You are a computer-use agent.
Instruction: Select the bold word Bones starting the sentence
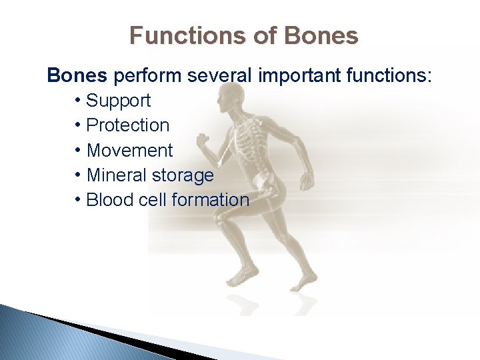(x=77, y=75)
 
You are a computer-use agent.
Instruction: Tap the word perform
(x=147, y=75)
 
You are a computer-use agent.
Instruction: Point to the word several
(x=219, y=75)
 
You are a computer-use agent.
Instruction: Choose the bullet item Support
(x=119, y=101)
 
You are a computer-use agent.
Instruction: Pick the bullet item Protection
(x=128, y=125)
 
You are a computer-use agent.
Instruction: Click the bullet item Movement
(x=129, y=150)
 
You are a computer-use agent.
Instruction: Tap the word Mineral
(x=116, y=175)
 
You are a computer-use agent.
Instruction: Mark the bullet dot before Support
(x=79, y=101)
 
